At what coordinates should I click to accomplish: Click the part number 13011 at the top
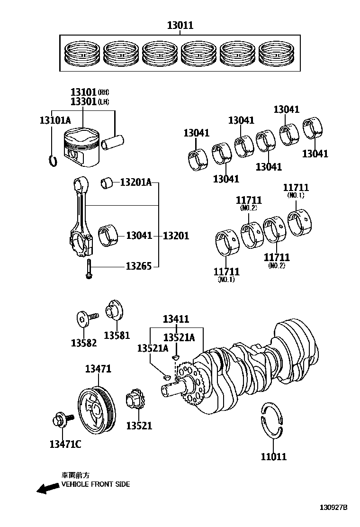pyautogui.click(x=180, y=26)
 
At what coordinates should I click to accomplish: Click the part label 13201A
pyautogui.click(x=135, y=182)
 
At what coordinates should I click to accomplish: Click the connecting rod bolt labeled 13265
pyautogui.click(x=88, y=270)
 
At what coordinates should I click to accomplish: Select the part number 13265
pyautogui.click(x=138, y=266)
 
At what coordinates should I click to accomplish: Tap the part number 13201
pyautogui.click(x=176, y=236)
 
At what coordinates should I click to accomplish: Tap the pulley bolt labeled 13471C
pyautogui.click(x=61, y=420)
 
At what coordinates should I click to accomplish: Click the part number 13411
pyautogui.click(x=176, y=319)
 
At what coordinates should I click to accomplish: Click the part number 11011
pyautogui.click(x=273, y=456)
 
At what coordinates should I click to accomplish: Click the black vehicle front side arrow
pyautogui.click(x=48, y=489)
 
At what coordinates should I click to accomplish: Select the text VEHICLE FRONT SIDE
pyautogui.click(x=95, y=484)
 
